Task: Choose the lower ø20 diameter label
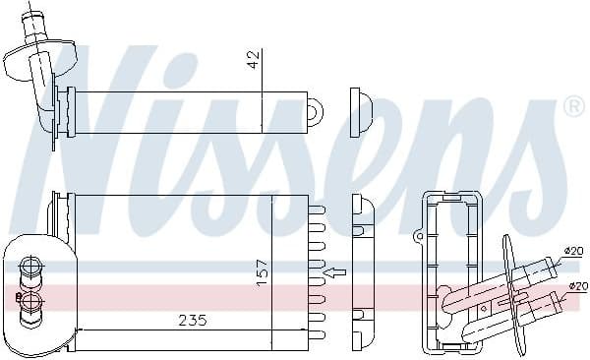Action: [576, 286]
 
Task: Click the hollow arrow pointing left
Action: [336, 271]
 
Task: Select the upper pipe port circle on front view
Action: [30, 266]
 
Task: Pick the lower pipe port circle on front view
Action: [30, 301]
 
